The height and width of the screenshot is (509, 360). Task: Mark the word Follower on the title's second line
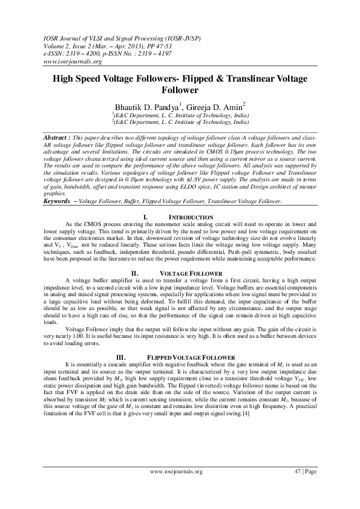(180, 90)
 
